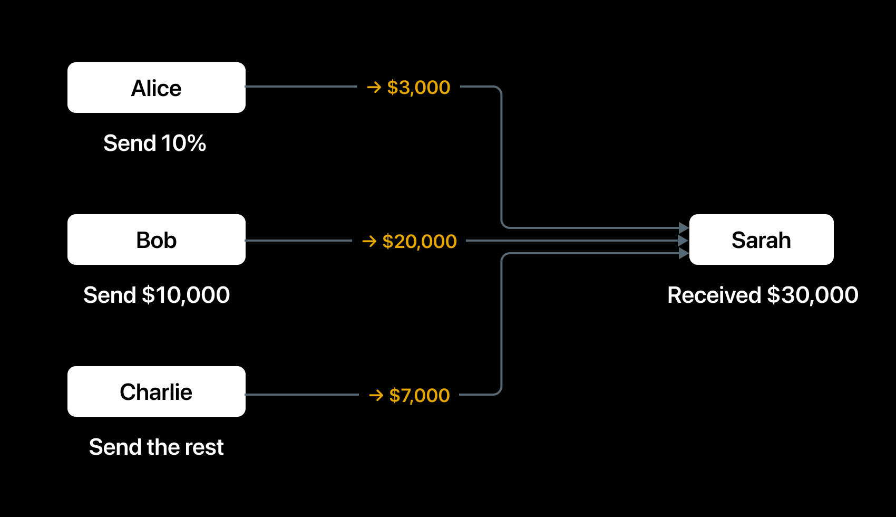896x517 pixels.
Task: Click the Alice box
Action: pyautogui.click(x=157, y=87)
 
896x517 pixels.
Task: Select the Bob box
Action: pyautogui.click(x=157, y=240)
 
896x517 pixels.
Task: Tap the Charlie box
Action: pyautogui.click(x=157, y=391)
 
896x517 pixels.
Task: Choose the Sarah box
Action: pyautogui.click(x=761, y=240)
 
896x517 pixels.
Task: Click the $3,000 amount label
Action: pyautogui.click(x=418, y=87)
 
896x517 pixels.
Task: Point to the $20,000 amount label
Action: pyautogui.click(x=419, y=241)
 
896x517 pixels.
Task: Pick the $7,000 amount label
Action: pyautogui.click(x=419, y=395)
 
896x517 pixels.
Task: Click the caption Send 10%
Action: pyautogui.click(x=155, y=143)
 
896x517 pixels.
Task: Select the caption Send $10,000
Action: pyautogui.click(x=157, y=295)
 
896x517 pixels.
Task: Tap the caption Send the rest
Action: pyautogui.click(x=157, y=447)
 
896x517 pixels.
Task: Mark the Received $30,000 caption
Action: pyautogui.click(x=763, y=295)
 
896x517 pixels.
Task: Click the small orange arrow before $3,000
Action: pyautogui.click(x=374, y=87)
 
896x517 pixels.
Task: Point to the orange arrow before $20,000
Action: pyautogui.click(x=369, y=241)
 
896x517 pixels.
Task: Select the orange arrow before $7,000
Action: pyautogui.click(x=376, y=395)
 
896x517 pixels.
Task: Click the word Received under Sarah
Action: pyautogui.click(x=714, y=295)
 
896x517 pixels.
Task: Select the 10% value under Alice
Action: pyautogui.click(x=183, y=143)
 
